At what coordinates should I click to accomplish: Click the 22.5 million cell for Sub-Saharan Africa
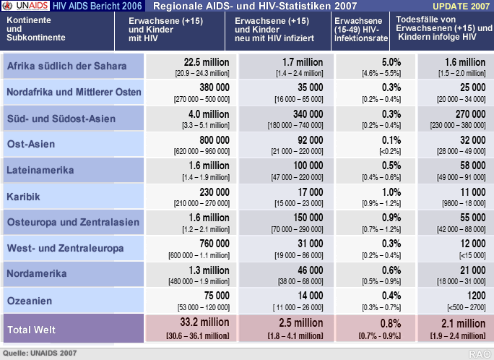coord(207,63)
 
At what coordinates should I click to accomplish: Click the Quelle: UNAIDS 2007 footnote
coord(40,353)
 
